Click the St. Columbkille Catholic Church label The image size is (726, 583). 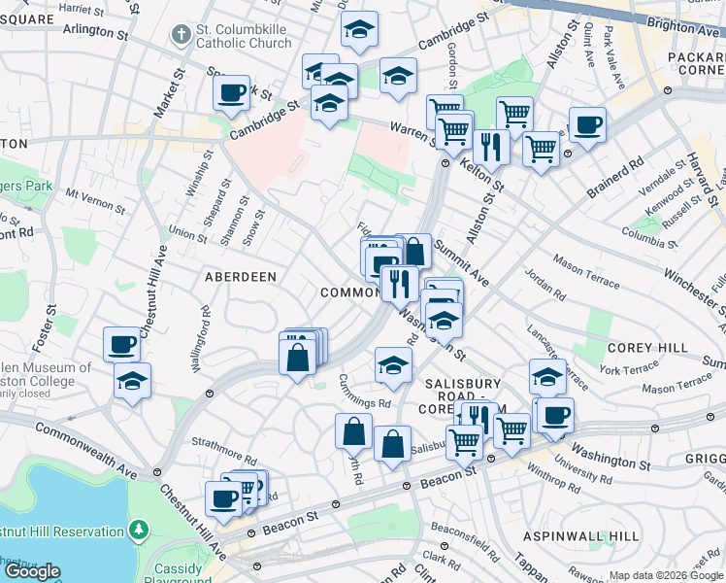(x=243, y=36)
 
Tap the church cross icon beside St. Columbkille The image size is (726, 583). (x=179, y=36)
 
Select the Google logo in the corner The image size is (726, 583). (x=32, y=571)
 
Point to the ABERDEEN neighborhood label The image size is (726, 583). (x=240, y=277)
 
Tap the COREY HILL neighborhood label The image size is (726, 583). (x=647, y=348)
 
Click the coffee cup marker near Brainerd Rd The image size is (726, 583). (x=587, y=124)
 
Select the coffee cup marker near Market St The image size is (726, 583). (x=231, y=93)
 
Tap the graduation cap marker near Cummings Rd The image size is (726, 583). (x=393, y=365)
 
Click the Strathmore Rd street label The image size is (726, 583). (x=224, y=451)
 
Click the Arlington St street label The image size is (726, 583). (x=95, y=30)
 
